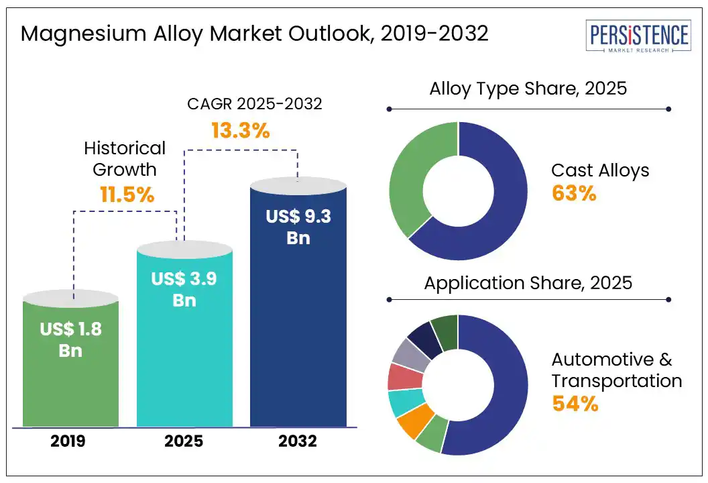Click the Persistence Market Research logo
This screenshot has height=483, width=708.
click(638, 36)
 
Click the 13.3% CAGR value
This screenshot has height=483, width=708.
click(241, 131)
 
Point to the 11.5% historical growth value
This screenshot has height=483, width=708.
click(127, 195)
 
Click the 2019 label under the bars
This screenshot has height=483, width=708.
click(68, 441)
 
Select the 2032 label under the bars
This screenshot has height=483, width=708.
click(298, 441)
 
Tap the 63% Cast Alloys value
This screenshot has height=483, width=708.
click(574, 193)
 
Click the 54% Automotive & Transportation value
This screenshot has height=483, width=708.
click(575, 403)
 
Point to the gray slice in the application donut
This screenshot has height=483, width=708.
click(411, 355)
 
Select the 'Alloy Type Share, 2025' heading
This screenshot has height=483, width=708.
click(528, 89)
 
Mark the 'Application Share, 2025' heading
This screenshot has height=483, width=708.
click(528, 283)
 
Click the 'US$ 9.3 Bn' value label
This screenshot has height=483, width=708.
click(298, 227)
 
